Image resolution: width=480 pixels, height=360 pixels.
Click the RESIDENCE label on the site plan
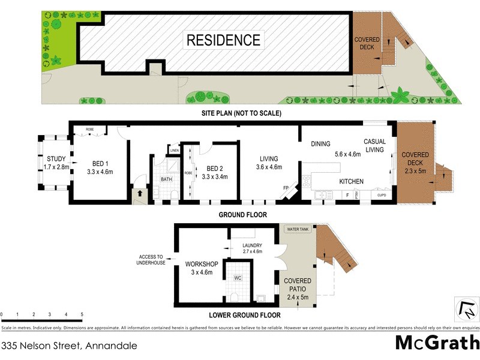(224, 41)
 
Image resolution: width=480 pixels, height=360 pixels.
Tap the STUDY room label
(56, 159)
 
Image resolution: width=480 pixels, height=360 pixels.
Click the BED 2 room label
(215, 168)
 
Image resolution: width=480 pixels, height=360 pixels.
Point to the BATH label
(166, 179)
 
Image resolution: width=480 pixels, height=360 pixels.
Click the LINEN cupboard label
(175, 150)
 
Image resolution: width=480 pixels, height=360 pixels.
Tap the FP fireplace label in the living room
(286, 188)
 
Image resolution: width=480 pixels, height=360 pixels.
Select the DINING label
(321, 144)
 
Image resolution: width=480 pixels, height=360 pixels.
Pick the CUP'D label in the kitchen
(381, 195)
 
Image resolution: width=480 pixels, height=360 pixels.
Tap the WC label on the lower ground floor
(238, 278)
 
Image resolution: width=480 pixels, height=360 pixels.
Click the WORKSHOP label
(201, 264)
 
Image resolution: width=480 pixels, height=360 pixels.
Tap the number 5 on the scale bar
(82, 314)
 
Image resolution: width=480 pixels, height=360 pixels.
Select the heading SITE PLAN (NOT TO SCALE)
(242, 113)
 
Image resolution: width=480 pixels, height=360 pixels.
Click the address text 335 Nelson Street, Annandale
(69, 346)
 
